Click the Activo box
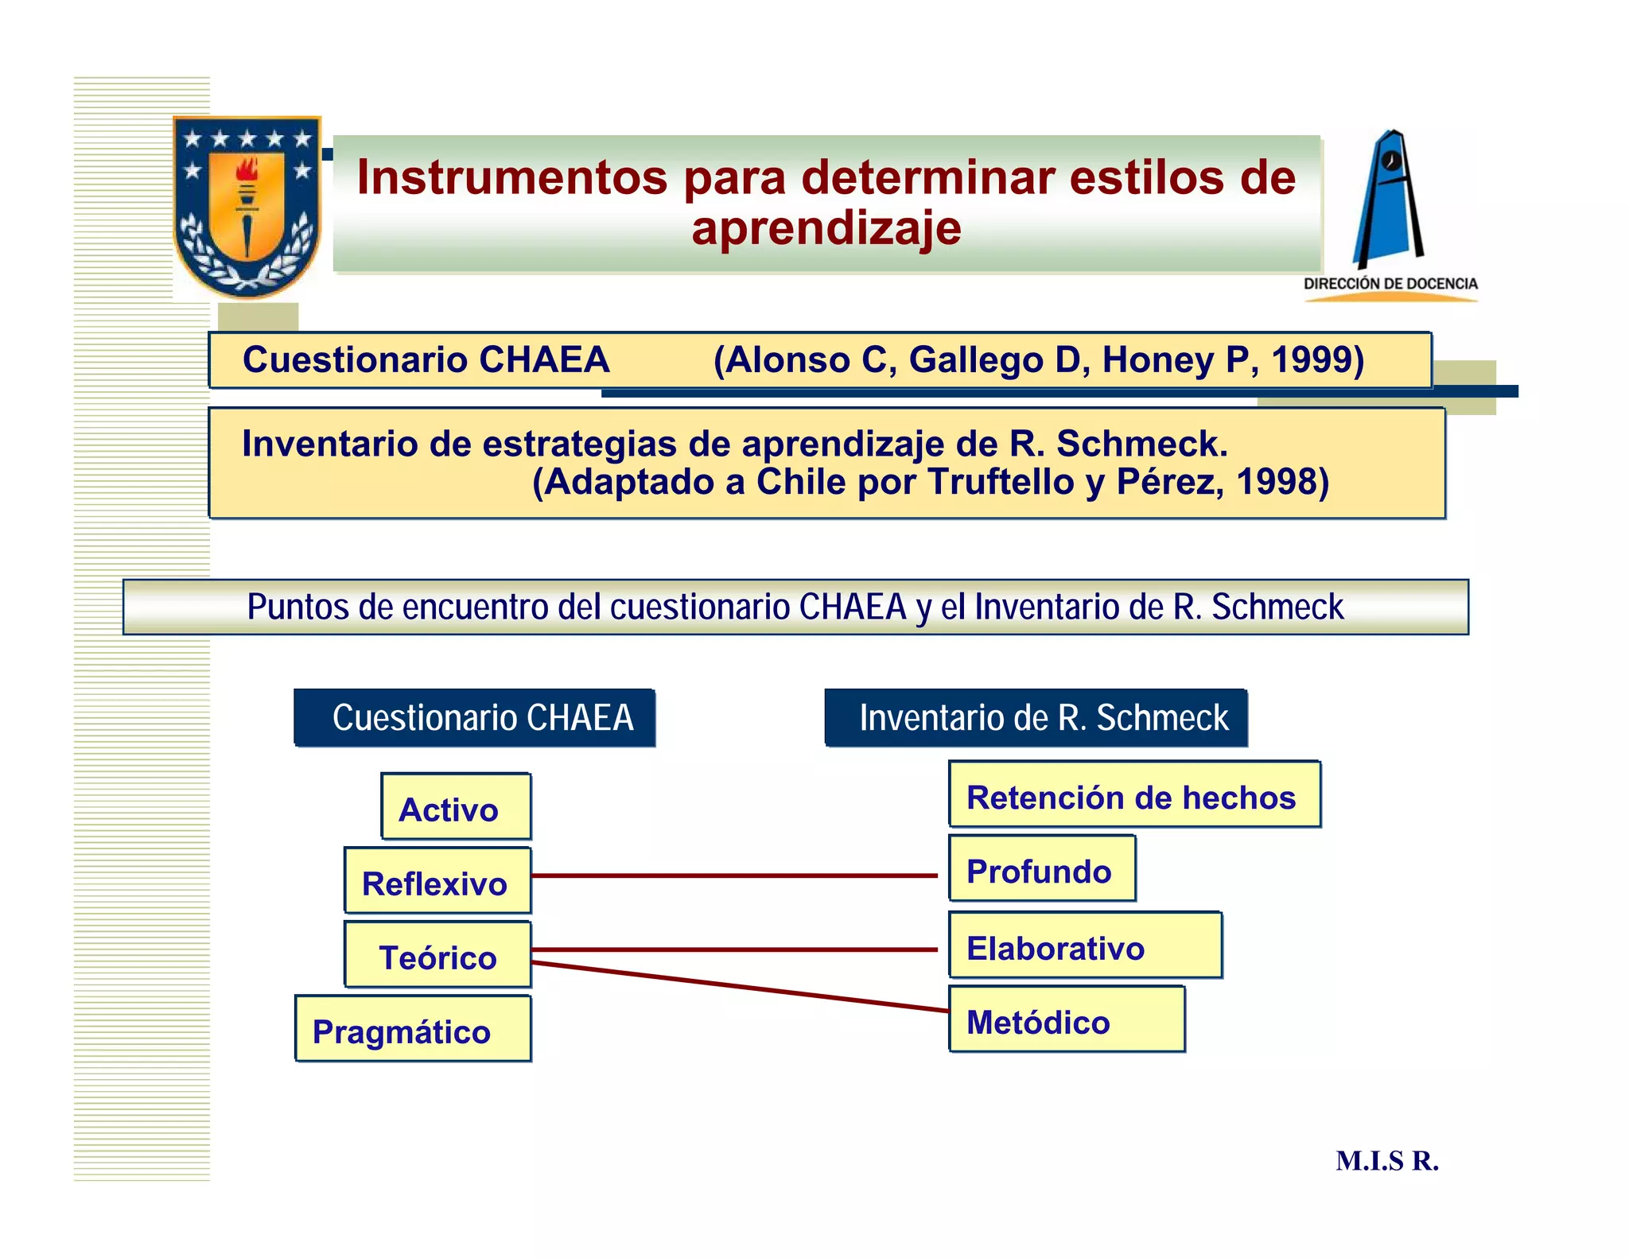[456, 807]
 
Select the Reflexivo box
[437, 881]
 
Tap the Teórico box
[437, 955]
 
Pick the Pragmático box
[413, 1029]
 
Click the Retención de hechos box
[1134, 794]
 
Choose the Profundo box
[1042, 869]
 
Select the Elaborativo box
[1085, 945]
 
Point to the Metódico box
[1067, 1019]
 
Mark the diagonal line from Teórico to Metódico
[740, 987]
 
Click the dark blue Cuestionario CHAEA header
[475, 717]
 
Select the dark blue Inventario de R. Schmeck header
[1036, 717]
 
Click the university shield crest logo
[247, 207]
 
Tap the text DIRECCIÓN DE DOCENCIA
[1390, 284]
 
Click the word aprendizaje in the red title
[826, 228]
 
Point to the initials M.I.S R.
[1387, 1161]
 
